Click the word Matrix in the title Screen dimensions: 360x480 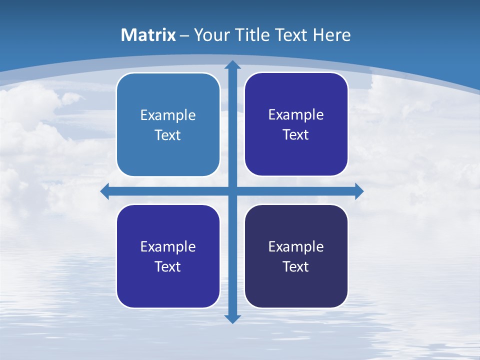[x=148, y=35]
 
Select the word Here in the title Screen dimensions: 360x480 [x=332, y=35]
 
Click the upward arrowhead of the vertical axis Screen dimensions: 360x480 [x=232, y=64]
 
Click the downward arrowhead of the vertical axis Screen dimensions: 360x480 [x=232, y=319]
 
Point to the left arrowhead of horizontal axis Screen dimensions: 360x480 [x=105, y=191]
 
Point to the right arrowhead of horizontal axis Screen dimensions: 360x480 [x=359, y=191]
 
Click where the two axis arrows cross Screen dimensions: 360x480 [x=232, y=191]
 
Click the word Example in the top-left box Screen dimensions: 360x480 [x=168, y=115]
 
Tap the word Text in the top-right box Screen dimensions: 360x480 [x=296, y=135]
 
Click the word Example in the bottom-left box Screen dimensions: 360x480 [x=168, y=247]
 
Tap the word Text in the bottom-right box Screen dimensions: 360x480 [x=296, y=267]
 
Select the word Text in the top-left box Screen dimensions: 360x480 [x=168, y=135]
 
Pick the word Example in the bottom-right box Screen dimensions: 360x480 [x=296, y=247]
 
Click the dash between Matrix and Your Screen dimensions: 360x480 [x=184, y=35]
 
